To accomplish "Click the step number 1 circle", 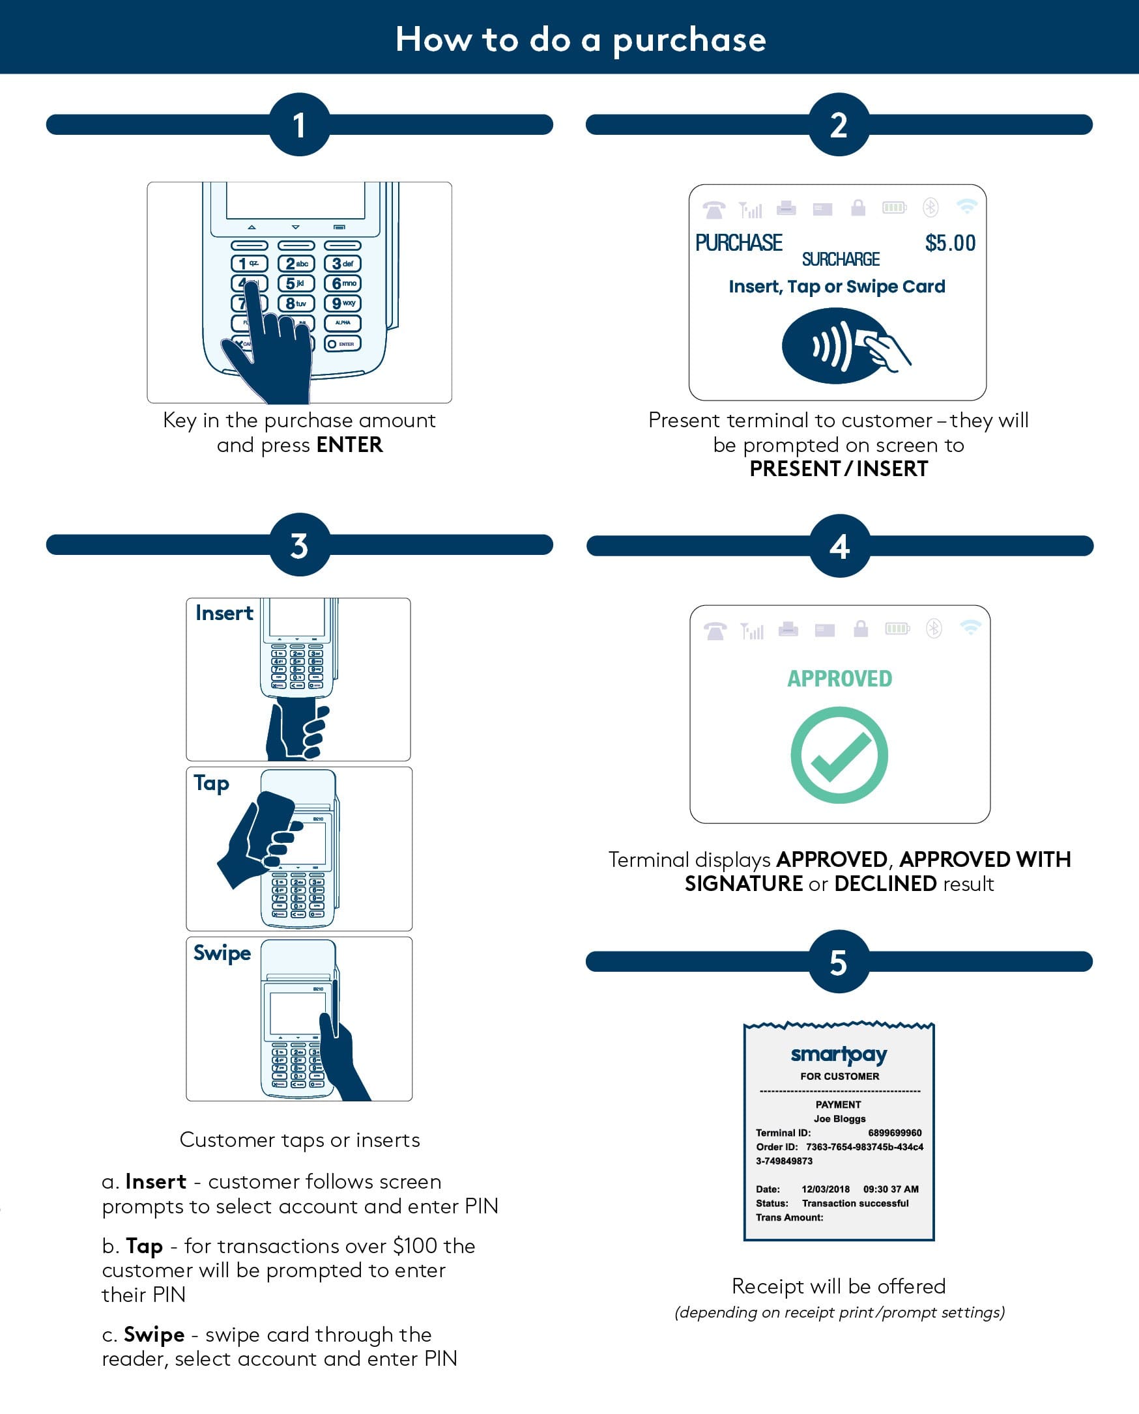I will (x=299, y=124).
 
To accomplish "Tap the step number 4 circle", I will (x=839, y=546).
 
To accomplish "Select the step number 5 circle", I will (x=838, y=962).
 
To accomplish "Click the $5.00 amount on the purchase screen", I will (x=949, y=244).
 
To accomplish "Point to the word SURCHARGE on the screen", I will (x=840, y=260).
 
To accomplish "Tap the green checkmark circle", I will (x=839, y=755).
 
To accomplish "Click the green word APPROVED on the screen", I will (x=839, y=679).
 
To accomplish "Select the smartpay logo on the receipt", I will (x=838, y=1054).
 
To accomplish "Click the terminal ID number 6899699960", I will (x=893, y=1133).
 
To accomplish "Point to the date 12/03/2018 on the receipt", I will (x=825, y=1189).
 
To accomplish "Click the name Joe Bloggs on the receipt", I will (x=839, y=1119).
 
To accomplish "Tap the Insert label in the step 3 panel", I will (x=223, y=614).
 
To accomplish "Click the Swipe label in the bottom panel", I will (x=222, y=953).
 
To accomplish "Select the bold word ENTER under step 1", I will (x=349, y=445).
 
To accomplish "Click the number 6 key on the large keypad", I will (x=343, y=283).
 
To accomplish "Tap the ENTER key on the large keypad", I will (x=343, y=344).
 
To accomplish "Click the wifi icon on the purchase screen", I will (x=966, y=207).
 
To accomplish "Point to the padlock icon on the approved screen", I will (x=860, y=629).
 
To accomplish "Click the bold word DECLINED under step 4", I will (x=885, y=884).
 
